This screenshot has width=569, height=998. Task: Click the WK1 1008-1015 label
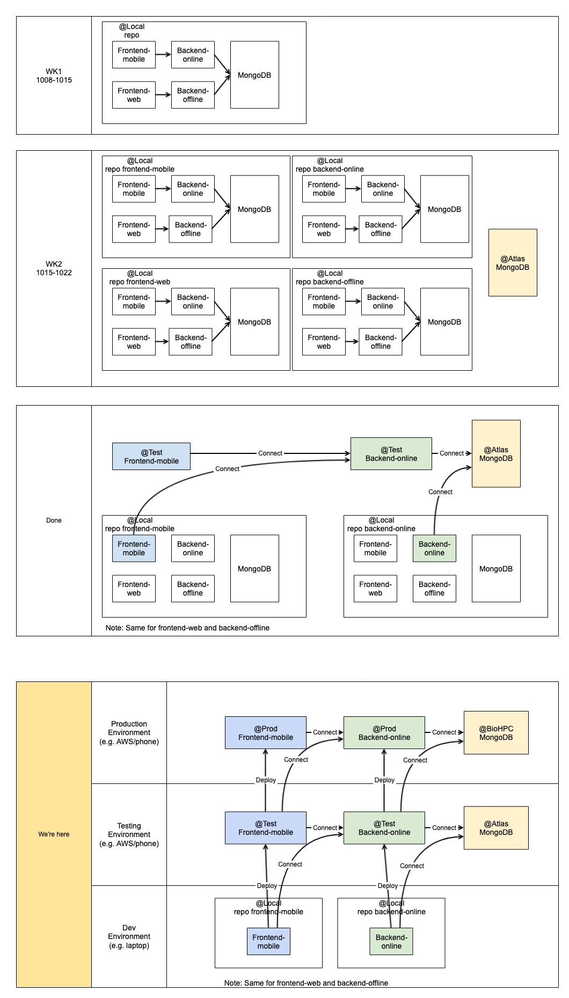pos(54,76)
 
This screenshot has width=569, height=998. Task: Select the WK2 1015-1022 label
pos(54,268)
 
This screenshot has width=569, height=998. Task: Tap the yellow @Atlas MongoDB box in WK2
pos(513,263)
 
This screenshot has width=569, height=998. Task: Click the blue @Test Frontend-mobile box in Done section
pos(151,457)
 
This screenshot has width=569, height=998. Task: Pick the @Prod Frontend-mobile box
pos(266,733)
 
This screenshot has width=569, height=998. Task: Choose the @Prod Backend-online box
pos(384,733)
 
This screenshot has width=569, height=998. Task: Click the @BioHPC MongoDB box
pos(496,733)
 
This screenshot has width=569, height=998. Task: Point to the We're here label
pos(54,834)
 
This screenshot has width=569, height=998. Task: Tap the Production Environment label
pos(129,733)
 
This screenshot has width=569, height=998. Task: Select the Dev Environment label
pos(129,937)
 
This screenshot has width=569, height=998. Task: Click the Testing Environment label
pos(129,835)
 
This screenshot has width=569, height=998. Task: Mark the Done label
pos(54,520)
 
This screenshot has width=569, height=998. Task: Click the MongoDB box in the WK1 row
pos(254,75)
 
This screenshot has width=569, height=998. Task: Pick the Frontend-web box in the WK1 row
pos(134,95)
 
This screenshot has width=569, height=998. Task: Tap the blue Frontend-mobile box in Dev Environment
pos(268,942)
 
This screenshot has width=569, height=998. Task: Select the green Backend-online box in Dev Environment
pos(391,942)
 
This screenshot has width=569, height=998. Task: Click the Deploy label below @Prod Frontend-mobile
pos(266,780)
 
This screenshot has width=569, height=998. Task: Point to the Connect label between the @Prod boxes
pos(325,732)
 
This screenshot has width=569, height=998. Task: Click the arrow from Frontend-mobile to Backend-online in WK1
pos(163,55)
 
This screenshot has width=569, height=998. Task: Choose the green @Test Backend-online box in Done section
pos(391,454)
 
